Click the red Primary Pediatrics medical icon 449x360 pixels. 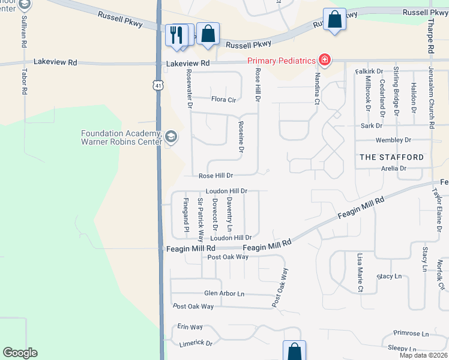pyautogui.click(x=325, y=59)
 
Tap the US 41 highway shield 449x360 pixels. pyautogui.click(x=157, y=86)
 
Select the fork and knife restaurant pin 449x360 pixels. pyautogui.click(x=176, y=34)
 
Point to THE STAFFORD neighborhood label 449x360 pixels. pyautogui.click(x=391, y=157)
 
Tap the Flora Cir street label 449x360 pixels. pyautogui.click(x=223, y=100)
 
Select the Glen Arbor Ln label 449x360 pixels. pyautogui.click(x=224, y=293)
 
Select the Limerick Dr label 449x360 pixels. pyautogui.click(x=196, y=344)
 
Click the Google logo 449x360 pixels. pyautogui.click(x=20, y=353)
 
